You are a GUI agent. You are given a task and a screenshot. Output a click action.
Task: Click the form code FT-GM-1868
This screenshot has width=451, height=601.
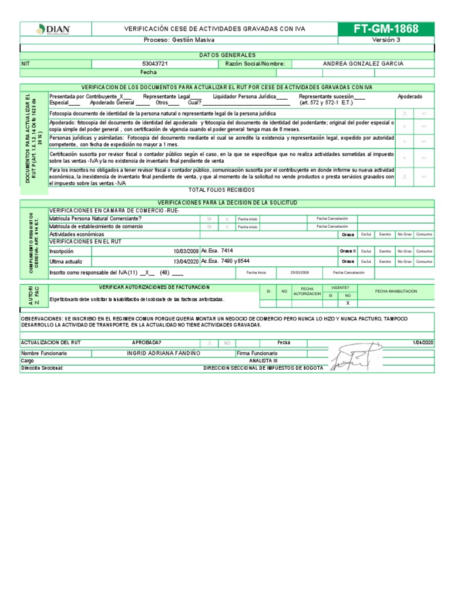pos(386,29)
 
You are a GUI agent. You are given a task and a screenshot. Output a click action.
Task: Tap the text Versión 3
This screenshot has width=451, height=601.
pos(386,40)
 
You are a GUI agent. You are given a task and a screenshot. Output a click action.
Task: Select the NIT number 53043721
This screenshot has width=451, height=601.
pos(155,63)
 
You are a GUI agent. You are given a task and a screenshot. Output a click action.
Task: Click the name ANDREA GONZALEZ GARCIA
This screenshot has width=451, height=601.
pos(362,63)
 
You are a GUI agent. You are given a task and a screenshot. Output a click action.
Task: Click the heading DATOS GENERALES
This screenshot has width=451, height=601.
pos(227,55)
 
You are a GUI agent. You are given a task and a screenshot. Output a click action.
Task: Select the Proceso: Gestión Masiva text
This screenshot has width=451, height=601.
pos(179,40)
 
